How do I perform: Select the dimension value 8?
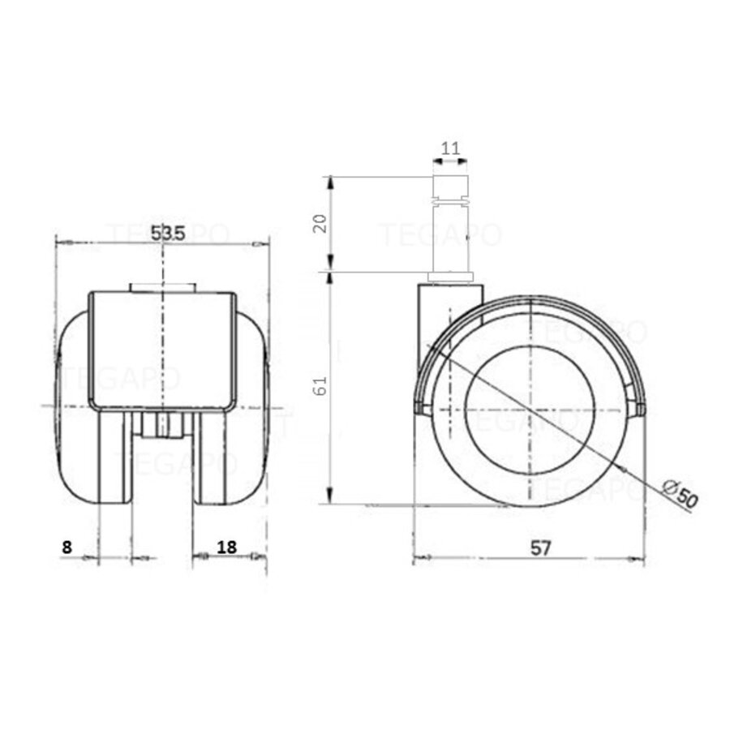pos(67,547)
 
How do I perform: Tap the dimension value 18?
pos(226,547)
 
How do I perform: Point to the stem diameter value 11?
pos(451,148)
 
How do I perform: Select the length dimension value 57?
pos(541,547)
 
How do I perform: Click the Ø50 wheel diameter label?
pos(679,494)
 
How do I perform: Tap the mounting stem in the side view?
pos(451,235)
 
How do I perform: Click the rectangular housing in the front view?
pos(162,349)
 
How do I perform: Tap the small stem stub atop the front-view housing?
pos(162,287)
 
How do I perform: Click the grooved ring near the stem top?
pos(451,197)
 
